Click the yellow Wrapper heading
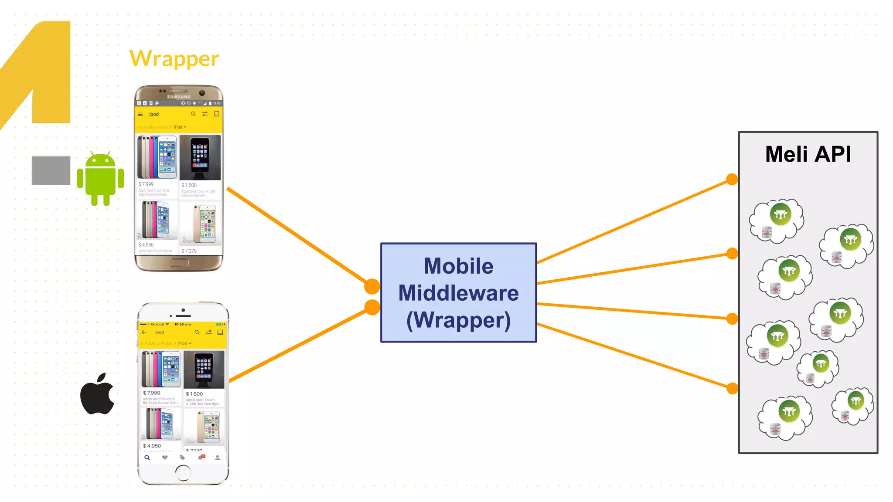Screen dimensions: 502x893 pos(174,59)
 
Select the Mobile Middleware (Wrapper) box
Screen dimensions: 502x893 pos(458,292)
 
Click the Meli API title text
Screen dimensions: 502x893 pos(808,154)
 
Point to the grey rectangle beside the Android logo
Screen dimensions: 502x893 pos(51,170)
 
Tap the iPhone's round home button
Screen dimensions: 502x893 pos(183,472)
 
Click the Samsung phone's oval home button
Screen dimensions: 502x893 pos(179,263)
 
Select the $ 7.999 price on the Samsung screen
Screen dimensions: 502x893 pos(146,184)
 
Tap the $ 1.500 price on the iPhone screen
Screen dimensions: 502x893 pos(194,394)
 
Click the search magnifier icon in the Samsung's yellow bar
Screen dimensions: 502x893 pos(193,114)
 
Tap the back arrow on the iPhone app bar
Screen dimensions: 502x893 pos(144,332)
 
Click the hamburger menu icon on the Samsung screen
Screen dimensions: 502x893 pos(140,115)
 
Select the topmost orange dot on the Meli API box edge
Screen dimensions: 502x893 pos(732,179)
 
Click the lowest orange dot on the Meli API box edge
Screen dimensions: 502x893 pos(732,388)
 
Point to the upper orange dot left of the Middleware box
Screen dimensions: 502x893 pos(372,286)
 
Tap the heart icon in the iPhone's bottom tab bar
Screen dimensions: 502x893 pos(165,458)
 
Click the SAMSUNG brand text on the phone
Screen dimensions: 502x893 pos(179,97)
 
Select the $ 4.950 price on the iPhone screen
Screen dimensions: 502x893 pos(152,446)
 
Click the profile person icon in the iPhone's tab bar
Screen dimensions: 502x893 pos(218,458)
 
